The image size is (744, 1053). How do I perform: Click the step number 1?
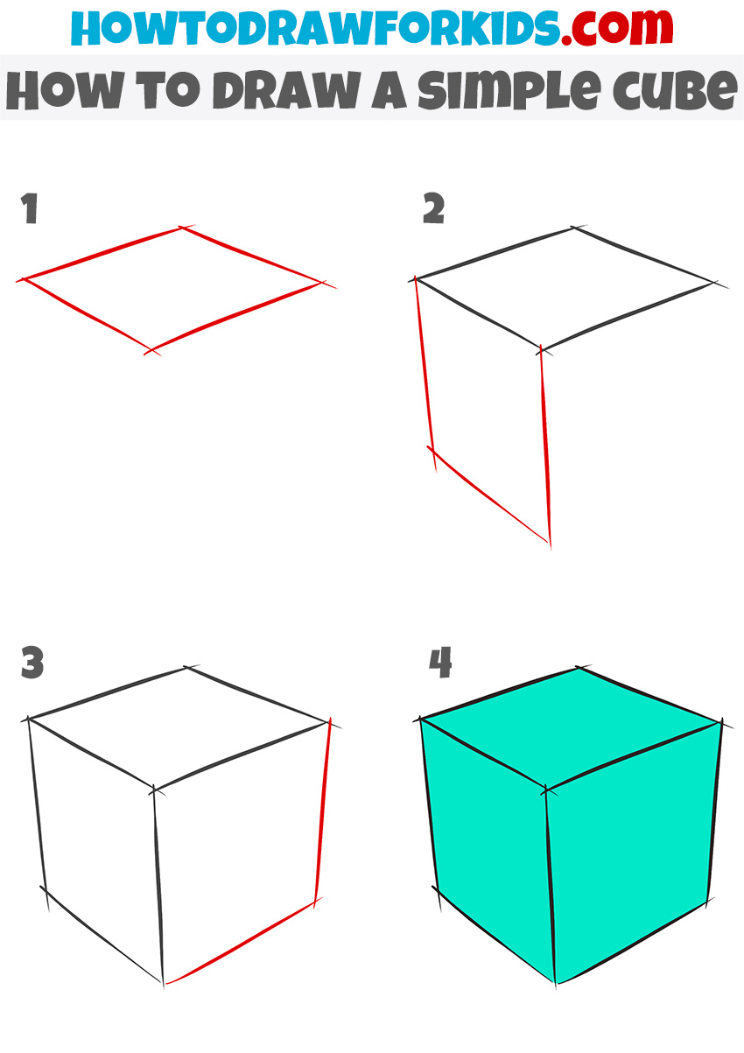click(31, 210)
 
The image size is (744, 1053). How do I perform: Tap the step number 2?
click(433, 210)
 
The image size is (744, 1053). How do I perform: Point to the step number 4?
click(440, 663)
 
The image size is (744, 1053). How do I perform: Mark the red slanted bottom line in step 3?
click(241, 944)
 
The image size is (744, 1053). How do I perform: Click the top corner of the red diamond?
click(182, 228)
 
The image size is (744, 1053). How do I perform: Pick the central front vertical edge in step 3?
click(158, 884)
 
